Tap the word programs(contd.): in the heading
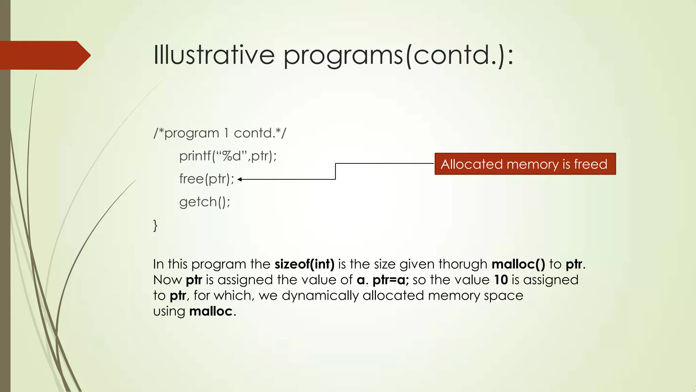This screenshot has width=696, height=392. point(398,55)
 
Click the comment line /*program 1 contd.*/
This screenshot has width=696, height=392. point(220,133)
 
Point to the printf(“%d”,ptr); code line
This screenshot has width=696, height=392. point(228,156)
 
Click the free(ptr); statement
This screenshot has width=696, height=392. point(207,179)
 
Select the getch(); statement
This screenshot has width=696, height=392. point(205,202)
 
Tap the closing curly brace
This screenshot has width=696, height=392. point(155,225)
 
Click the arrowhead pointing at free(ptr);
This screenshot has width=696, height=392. point(240,179)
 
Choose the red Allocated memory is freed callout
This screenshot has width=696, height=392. point(525,164)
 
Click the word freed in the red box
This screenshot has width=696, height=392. point(590,164)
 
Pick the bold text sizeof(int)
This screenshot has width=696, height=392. point(304,264)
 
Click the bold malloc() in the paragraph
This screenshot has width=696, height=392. point(518,264)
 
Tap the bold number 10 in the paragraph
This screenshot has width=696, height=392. point(501,280)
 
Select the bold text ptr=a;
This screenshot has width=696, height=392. point(390,280)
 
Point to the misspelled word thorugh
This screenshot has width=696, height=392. point(463,264)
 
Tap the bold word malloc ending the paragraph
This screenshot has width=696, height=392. point(211,311)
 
